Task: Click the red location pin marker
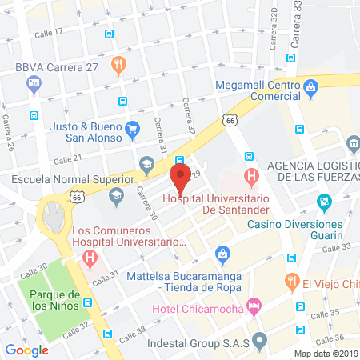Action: coord(180,174)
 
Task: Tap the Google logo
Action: coord(27,350)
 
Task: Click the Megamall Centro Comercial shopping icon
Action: coord(309,87)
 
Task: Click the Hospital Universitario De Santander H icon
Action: coord(251,175)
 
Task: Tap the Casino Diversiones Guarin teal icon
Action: coord(323,202)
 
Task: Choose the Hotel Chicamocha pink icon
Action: coord(254,305)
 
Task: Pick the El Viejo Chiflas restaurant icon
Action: coord(291,281)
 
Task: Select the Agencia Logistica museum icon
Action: coord(353,144)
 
